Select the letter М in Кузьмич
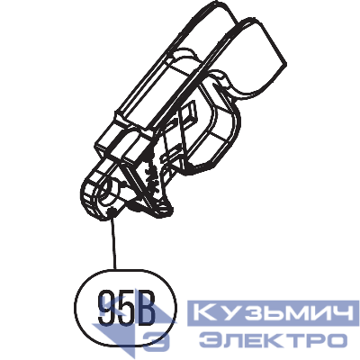coord(285,314)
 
